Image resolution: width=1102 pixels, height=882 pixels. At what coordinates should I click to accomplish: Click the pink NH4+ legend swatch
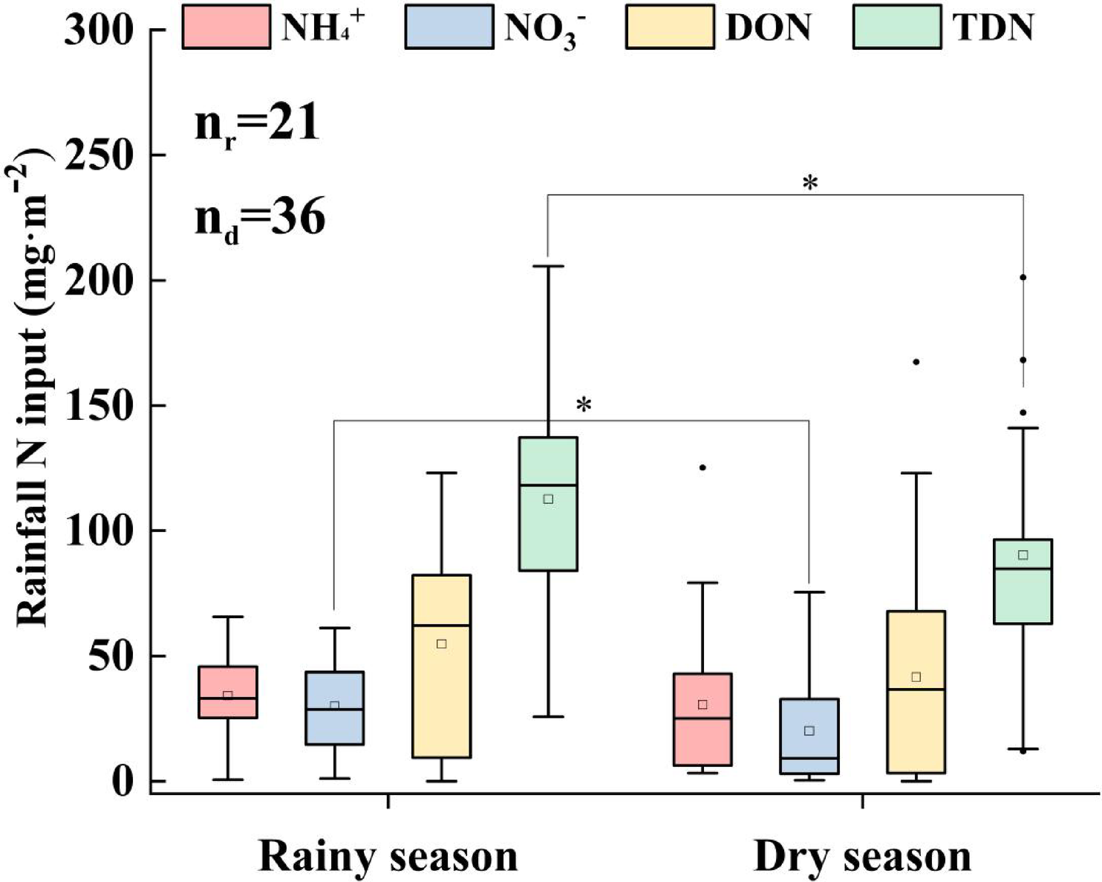pos(226,27)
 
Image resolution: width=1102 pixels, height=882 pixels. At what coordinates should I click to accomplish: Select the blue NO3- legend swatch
pos(449,27)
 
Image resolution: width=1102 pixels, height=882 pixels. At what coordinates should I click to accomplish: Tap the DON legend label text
pos(768,28)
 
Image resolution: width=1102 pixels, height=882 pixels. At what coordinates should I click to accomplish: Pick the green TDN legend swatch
pos(897,27)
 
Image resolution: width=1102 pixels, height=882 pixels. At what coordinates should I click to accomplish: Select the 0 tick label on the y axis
pos(120,782)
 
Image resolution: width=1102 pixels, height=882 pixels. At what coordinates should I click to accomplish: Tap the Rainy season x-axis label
pos(388,856)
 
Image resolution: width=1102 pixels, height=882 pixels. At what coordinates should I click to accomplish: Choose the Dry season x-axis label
pos(862,856)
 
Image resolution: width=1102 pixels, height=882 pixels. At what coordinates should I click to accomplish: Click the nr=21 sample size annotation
pos(257,124)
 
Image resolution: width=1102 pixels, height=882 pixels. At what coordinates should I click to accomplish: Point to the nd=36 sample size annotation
pos(260,219)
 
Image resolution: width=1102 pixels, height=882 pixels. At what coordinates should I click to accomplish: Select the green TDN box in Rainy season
pos(548,504)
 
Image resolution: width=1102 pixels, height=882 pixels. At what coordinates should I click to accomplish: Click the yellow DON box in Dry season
pos(916,692)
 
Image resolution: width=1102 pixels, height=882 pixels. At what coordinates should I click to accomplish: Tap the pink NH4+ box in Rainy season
pos(228,692)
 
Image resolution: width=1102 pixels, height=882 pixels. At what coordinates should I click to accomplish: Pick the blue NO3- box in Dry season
pos(809,736)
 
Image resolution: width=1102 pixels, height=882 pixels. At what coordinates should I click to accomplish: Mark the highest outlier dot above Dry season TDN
pos(1023,277)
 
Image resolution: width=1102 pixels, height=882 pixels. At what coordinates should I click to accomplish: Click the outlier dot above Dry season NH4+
pos(702,467)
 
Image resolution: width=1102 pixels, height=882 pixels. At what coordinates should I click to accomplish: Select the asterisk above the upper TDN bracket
pos(810,182)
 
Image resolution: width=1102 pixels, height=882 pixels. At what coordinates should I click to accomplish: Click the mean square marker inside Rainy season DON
pos(441,643)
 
